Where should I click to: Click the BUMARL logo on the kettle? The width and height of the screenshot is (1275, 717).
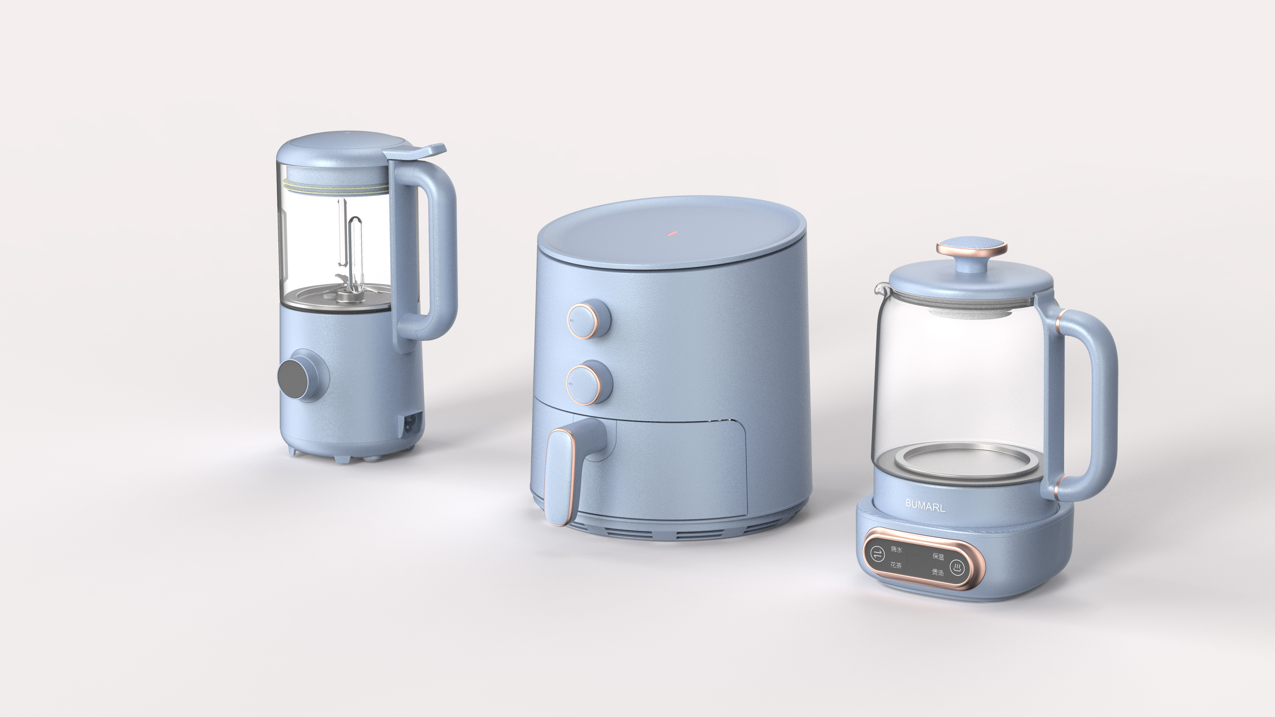click(x=925, y=505)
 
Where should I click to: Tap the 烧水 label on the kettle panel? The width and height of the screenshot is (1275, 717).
click(x=896, y=549)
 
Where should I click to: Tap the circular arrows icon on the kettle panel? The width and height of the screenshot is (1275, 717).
click(x=877, y=554)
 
